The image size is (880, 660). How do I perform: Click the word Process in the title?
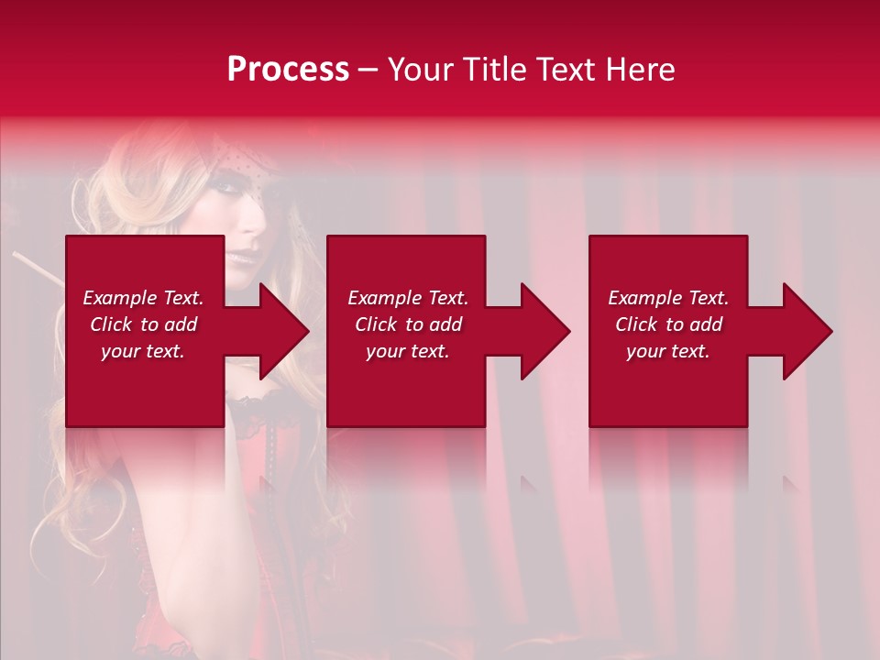point(288,70)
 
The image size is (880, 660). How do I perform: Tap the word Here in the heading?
point(639,70)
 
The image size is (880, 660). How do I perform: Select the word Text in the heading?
point(565,70)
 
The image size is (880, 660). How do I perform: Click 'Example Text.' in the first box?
point(143,298)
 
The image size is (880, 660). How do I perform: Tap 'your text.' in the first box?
point(143,351)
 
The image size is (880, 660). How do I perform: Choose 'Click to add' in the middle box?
point(408,324)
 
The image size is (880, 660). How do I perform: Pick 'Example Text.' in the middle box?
point(408,298)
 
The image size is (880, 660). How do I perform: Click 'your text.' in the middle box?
point(408,351)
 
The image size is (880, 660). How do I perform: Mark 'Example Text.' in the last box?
point(668,298)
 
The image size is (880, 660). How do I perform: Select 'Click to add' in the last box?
point(668,324)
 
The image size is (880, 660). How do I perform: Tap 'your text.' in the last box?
point(668,351)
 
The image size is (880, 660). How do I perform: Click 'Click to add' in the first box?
point(143,324)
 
